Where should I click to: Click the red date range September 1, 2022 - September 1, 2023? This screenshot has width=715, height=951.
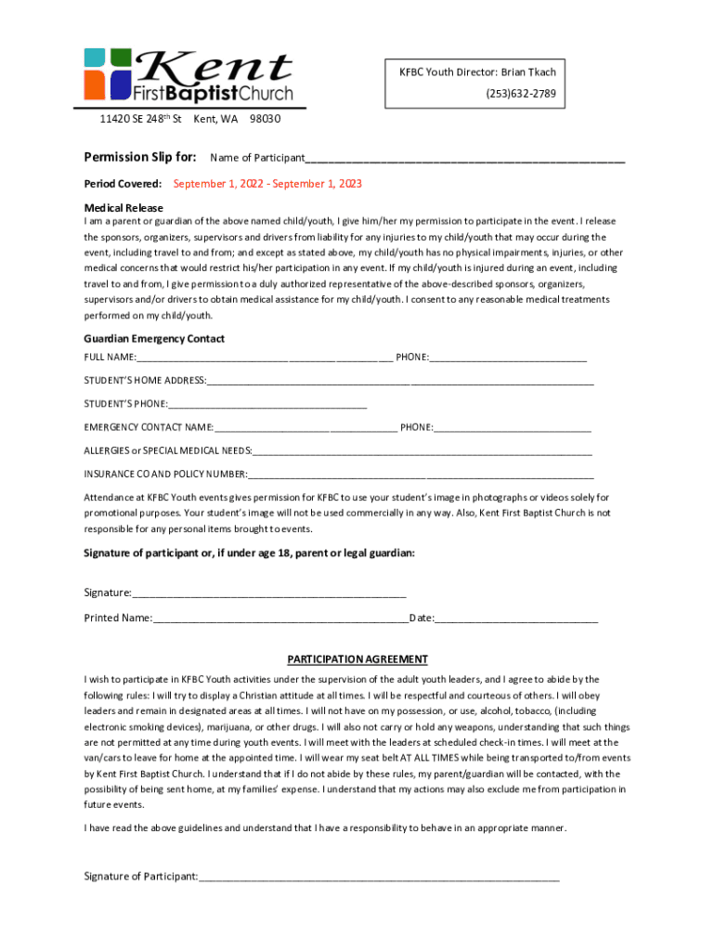(x=267, y=184)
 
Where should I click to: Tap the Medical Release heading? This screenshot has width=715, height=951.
(x=123, y=208)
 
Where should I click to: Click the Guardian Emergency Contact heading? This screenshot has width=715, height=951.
(x=154, y=339)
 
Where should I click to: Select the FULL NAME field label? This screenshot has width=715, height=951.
(x=110, y=358)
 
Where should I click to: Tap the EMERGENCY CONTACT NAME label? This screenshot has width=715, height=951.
(x=149, y=427)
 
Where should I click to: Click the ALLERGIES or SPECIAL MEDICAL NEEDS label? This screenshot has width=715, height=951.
(x=168, y=450)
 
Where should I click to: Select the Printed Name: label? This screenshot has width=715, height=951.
(x=118, y=618)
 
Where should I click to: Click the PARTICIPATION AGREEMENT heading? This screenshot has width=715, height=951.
(x=357, y=659)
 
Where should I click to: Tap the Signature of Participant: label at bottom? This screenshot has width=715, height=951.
(x=141, y=876)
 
